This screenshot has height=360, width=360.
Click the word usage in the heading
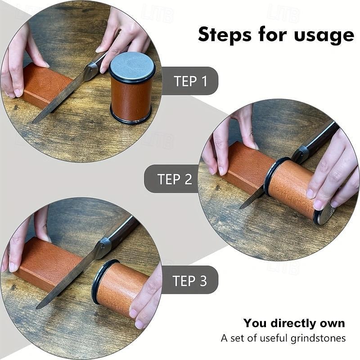pos(324,36)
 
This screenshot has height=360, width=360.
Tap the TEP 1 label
pos(190,81)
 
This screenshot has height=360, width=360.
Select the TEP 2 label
pos(175,179)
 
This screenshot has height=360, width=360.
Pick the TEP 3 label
pos(189,280)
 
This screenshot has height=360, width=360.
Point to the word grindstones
pos(318,338)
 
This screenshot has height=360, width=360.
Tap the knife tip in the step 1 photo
pos(33,122)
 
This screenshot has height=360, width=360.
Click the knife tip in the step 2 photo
pos(240,208)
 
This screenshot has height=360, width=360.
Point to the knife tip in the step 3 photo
pos(37,308)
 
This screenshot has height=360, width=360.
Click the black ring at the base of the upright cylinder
pos(131,116)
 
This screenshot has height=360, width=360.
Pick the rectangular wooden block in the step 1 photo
pos(47,85)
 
